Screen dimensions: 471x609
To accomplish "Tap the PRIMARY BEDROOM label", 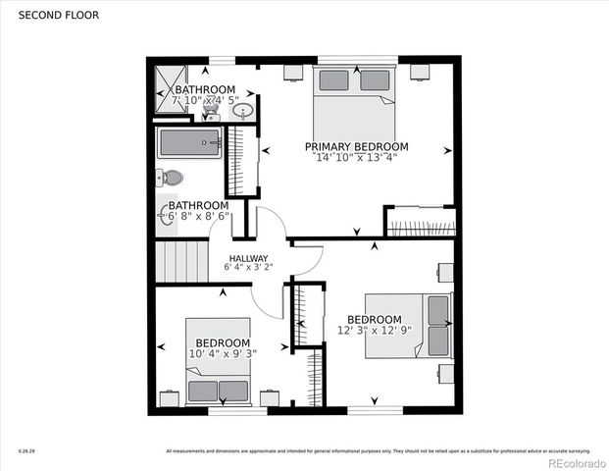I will coord(362,146).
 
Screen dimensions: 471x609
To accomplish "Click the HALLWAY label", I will coord(248,258).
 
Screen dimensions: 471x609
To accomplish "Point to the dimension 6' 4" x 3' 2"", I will coord(248,267).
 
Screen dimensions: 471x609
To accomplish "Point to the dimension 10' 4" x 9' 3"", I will coord(223,353).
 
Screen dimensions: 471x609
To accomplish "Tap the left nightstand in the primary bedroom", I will coord(293,72).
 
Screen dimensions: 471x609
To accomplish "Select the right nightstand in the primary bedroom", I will coord(419,71).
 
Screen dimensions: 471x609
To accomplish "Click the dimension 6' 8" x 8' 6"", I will coord(196,217).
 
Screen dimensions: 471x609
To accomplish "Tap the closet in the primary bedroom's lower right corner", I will coord(420,222).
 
